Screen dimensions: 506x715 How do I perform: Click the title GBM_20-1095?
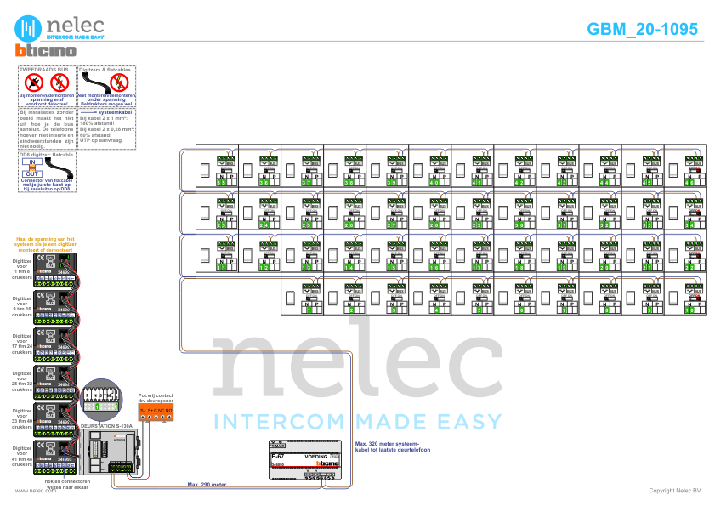[x=642, y=29]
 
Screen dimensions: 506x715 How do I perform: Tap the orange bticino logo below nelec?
[x=47, y=51]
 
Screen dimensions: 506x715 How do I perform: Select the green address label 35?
[x=221, y=182]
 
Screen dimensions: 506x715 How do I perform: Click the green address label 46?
[x=689, y=182]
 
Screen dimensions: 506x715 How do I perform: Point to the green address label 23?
[x=221, y=225]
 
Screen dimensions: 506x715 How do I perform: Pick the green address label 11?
[x=221, y=267]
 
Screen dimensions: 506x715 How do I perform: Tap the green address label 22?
[x=689, y=267]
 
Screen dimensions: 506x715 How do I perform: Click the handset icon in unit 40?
[x=417, y=171]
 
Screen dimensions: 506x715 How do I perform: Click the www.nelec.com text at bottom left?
[x=30, y=491]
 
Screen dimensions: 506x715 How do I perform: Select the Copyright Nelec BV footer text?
[x=674, y=491]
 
